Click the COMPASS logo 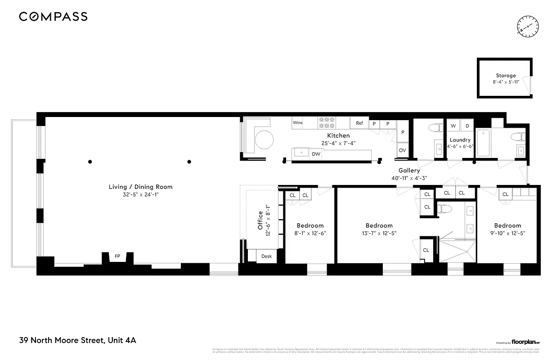click(53, 17)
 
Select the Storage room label click(506, 76)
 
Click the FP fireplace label click(117, 256)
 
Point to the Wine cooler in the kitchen click(297, 123)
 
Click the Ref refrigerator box click(359, 123)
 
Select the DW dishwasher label click(316, 154)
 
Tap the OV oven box click(402, 150)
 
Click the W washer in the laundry click(453, 126)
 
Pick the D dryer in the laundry click(467, 126)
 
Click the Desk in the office click(266, 256)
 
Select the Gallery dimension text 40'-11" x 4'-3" click(409, 178)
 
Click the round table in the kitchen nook click(264, 140)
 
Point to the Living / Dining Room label click(140, 187)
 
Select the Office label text click(260, 220)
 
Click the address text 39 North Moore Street click(77, 340)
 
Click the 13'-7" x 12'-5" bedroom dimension click(379, 233)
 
